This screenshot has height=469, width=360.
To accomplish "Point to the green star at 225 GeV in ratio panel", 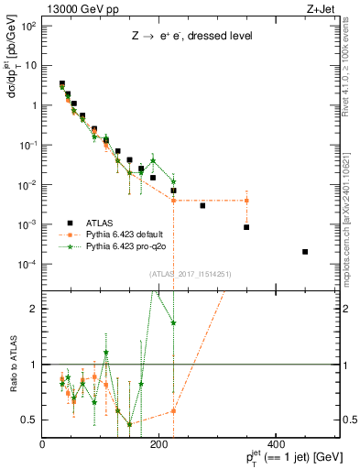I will [173, 323].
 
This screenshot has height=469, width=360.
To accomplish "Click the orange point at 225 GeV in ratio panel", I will [173, 410].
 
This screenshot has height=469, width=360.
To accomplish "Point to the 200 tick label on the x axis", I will [159, 444].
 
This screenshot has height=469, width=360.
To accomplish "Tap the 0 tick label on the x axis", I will [43, 444].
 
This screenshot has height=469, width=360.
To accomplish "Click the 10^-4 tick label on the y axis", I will [27, 265].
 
